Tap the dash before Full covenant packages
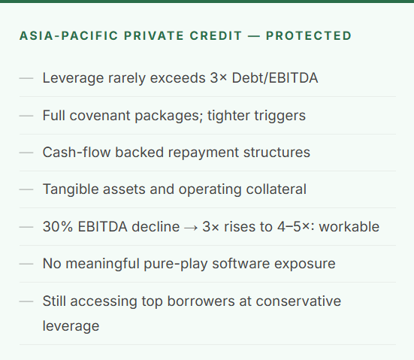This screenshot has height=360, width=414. coord(27,116)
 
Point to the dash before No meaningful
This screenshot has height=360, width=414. coord(27,264)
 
